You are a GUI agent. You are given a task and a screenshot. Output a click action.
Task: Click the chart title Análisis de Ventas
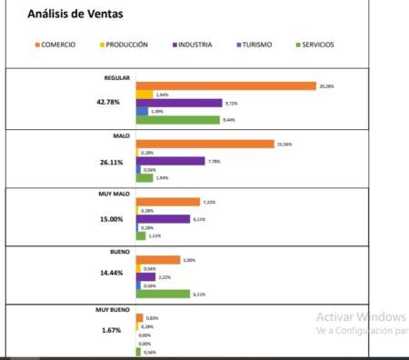[77, 15]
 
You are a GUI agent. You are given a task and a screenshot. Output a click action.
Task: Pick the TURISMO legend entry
[254, 45]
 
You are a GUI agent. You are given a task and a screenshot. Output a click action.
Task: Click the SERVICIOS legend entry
[319, 45]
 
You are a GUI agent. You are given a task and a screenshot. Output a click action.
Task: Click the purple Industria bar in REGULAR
[179, 103]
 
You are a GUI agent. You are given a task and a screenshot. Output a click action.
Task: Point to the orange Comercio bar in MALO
[204, 144]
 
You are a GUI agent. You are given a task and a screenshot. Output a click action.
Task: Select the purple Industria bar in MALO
[170, 161]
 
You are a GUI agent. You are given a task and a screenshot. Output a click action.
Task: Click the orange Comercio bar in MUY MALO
[167, 202]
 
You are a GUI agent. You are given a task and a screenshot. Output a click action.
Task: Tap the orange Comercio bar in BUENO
[158, 260]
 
